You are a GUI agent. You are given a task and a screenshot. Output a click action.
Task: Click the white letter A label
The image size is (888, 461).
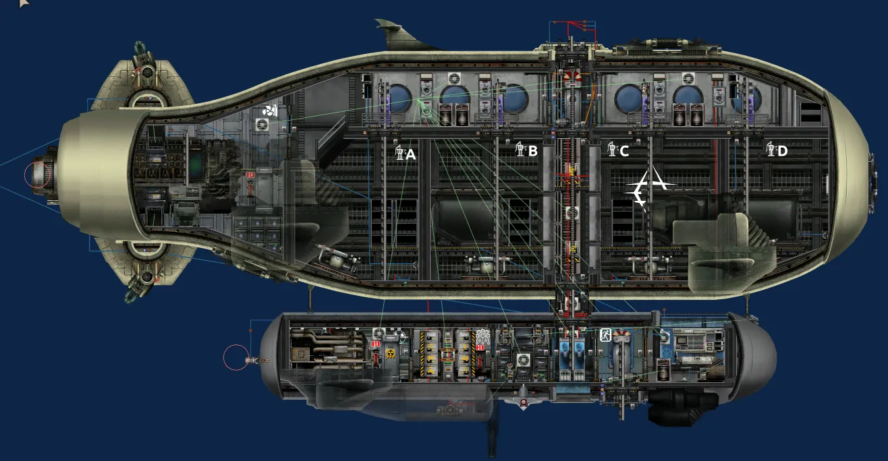pos(411,154)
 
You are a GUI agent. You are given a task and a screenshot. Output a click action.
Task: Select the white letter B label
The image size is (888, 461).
pos(533,151)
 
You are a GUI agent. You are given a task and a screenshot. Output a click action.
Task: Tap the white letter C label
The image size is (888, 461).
pos(624,151)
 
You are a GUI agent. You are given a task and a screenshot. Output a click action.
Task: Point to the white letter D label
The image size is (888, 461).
pos(783,151)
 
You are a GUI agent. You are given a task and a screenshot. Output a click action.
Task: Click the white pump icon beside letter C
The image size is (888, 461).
pos(613,149)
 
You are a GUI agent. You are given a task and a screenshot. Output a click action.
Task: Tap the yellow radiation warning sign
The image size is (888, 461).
pos(390,354)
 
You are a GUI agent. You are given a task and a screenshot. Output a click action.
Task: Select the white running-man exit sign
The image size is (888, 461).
pos(605,335)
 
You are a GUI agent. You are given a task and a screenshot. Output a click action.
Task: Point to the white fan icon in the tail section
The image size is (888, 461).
pos(270,111)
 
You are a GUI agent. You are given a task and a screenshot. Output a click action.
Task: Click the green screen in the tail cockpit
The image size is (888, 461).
pos(196,166)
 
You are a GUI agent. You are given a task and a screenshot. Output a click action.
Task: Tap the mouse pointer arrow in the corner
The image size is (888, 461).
pos(24,3)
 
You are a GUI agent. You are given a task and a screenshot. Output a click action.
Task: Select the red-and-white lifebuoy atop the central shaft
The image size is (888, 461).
pos(572,78)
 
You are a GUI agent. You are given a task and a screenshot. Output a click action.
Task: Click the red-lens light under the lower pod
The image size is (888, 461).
pos(524,402)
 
